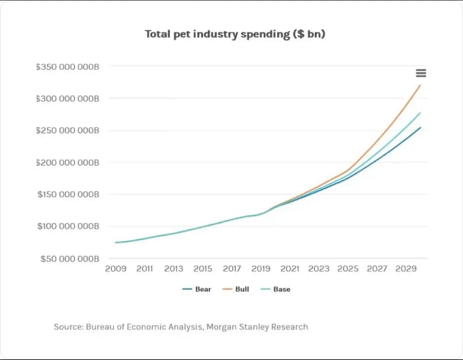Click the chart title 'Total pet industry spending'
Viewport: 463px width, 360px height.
(x=235, y=34)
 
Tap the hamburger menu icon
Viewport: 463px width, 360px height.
(x=421, y=73)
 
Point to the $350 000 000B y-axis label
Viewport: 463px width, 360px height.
(x=67, y=67)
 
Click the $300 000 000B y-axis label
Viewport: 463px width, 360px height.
(x=67, y=99)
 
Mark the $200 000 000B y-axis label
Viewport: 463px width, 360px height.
(x=67, y=162)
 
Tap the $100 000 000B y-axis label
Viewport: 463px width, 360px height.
(x=67, y=226)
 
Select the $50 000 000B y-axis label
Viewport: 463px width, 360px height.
(x=69, y=258)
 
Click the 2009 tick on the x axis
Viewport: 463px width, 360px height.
(x=116, y=269)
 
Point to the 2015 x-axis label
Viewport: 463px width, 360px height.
(x=202, y=269)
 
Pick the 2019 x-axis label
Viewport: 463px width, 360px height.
(x=261, y=269)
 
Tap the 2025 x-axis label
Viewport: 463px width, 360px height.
(x=348, y=269)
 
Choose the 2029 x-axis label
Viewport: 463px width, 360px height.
(x=405, y=269)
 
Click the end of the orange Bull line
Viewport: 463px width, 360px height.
(x=420, y=85)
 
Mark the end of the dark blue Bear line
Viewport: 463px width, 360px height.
(x=420, y=128)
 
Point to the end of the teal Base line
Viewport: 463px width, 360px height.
(x=420, y=112)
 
